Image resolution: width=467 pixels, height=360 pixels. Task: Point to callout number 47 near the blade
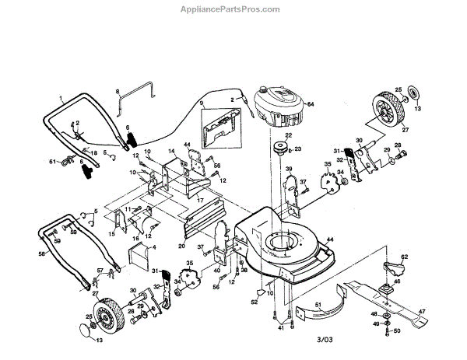(423, 312)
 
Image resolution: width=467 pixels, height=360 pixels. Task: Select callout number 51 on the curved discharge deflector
(318, 304)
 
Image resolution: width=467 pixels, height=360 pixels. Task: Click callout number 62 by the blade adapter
(404, 256)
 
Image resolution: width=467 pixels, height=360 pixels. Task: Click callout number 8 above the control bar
(118, 92)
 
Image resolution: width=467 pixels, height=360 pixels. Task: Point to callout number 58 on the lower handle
(41, 253)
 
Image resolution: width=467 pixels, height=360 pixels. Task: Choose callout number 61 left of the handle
(54, 162)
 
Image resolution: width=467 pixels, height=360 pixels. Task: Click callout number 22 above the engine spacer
(287, 135)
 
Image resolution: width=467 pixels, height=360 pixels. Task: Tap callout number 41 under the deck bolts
(280, 329)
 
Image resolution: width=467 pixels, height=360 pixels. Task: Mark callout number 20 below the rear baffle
(181, 245)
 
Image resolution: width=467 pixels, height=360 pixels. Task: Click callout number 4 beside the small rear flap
(154, 247)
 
